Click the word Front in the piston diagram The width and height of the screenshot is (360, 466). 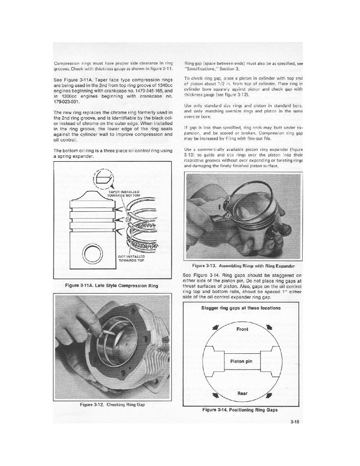242,329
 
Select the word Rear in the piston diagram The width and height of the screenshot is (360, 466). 242,393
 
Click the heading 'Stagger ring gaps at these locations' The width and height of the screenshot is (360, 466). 241,308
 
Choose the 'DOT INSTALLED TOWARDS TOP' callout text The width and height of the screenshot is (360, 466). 131,258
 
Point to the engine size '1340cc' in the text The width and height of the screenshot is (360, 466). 165,85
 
